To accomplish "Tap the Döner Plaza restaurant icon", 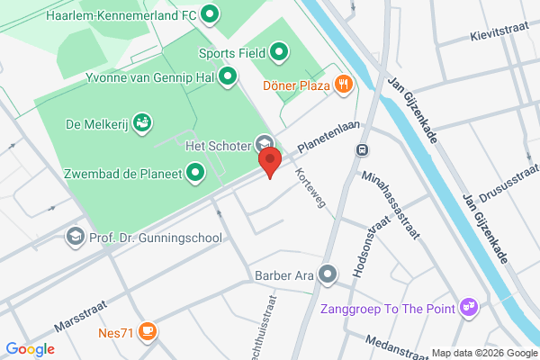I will point(343,85).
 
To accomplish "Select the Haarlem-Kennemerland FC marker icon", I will point(210,14).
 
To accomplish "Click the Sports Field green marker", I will point(279,52).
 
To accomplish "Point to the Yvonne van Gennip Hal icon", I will point(228,76).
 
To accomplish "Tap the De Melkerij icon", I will point(141,121).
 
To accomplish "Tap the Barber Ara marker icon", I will point(327,274).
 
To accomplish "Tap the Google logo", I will point(30,349).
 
